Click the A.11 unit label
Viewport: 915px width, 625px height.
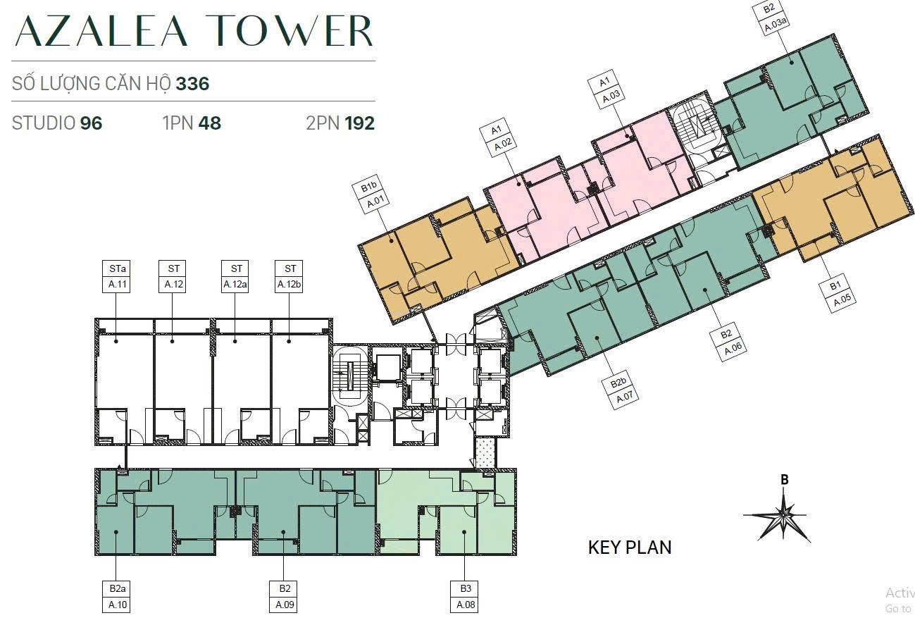(x=117, y=284)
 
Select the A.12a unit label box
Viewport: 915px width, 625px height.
(x=235, y=284)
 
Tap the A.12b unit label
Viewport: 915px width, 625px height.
(x=290, y=284)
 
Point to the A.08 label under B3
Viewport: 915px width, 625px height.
(x=466, y=605)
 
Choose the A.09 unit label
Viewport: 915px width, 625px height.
(x=285, y=605)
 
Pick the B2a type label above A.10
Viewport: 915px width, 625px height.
(x=117, y=588)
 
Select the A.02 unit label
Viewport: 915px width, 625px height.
(x=503, y=144)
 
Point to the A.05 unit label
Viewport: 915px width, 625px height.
(x=842, y=300)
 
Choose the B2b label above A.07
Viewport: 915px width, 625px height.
(x=618, y=383)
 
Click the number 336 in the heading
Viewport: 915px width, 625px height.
(x=192, y=84)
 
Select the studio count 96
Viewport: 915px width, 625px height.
(x=91, y=123)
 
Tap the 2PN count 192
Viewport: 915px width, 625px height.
(x=359, y=123)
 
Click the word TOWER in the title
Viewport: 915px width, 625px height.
(x=292, y=31)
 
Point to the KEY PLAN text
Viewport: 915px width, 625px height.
(x=630, y=547)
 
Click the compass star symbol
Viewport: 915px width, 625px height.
(x=783, y=516)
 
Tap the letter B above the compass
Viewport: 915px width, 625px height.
(x=784, y=480)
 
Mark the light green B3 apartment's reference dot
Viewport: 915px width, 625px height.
(x=464, y=532)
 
